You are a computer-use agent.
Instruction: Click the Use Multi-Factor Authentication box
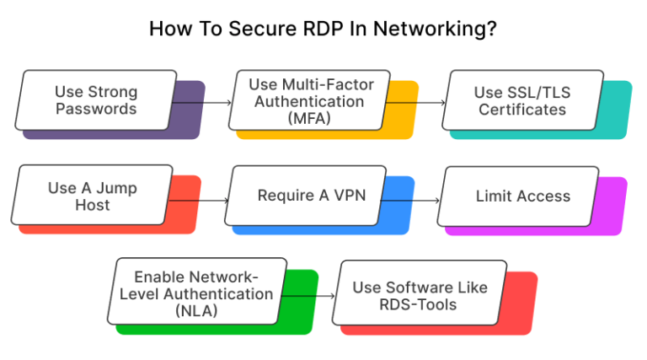(x=311, y=100)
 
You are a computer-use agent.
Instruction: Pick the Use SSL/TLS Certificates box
(x=522, y=100)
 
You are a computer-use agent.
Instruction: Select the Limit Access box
(x=522, y=196)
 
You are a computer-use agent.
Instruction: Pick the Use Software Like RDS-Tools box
(x=419, y=294)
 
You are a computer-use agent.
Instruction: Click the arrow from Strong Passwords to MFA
(x=202, y=103)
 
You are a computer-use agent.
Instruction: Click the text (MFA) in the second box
(x=311, y=118)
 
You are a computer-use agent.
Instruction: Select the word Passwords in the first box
(x=95, y=110)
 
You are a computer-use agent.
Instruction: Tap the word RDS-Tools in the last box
(x=419, y=304)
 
